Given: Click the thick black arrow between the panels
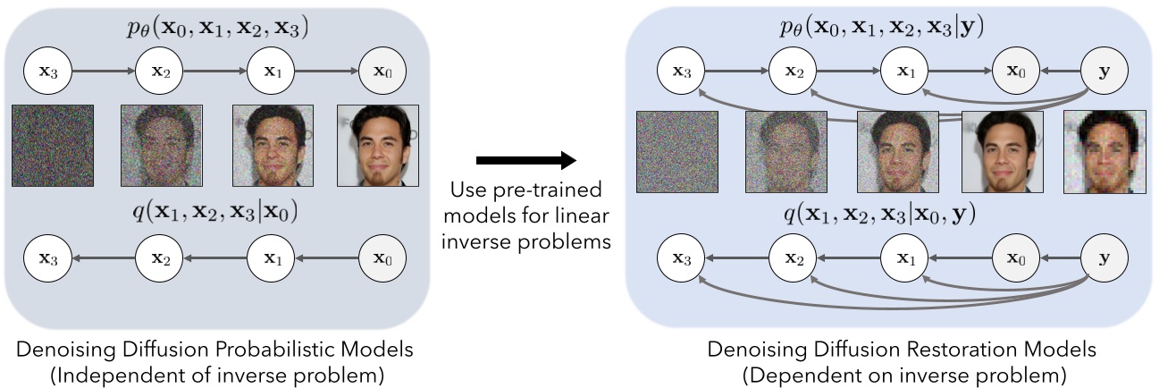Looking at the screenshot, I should (x=525, y=161).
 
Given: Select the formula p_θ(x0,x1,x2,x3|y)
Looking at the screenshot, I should (x=880, y=27).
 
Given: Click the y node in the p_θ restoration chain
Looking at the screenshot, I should (x=1104, y=72).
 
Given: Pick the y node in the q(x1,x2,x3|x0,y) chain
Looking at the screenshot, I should (x=1104, y=258).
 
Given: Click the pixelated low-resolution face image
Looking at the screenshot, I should (x=1104, y=151).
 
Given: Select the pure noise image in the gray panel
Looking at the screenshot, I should (x=53, y=146).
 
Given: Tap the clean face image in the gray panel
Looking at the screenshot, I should (x=378, y=146).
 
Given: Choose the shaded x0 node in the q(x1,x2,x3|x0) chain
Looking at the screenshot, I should (x=383, y=259).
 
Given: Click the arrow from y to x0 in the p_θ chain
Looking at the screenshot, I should (x=1052, y=72).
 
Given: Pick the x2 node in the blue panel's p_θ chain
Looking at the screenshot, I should (x=790, y=72).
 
